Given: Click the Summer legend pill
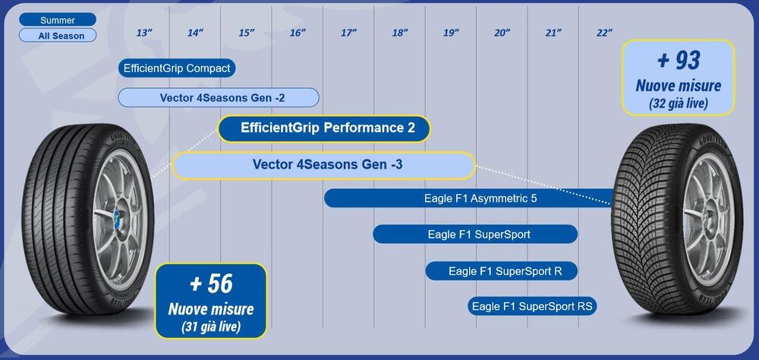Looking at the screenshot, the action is click(58, 20).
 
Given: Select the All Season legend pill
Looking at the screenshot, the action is click(58, 36).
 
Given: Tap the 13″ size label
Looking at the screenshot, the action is click(143, 33).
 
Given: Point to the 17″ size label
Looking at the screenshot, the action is click(348, 33).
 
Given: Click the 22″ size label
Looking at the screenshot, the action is click(604, 33).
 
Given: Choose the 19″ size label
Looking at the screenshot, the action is click(451, 33).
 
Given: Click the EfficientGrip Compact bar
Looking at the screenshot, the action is click(177, 68).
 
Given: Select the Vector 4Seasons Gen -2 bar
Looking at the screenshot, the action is click(219, 97).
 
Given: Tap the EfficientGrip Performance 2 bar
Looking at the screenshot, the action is click(324, 128).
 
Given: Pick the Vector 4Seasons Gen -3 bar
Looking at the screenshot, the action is click(324, 165).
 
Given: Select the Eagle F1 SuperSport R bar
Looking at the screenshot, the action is click(502, 271).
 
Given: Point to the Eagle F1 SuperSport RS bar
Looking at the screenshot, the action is click(533, 306).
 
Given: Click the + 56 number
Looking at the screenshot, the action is click(211, 284).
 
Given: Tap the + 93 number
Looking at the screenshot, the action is click(678, 61).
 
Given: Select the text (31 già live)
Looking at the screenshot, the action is click(211, 327).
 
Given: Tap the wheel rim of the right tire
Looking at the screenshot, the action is click(707, 219).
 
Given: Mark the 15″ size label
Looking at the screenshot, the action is click(247, 33).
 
